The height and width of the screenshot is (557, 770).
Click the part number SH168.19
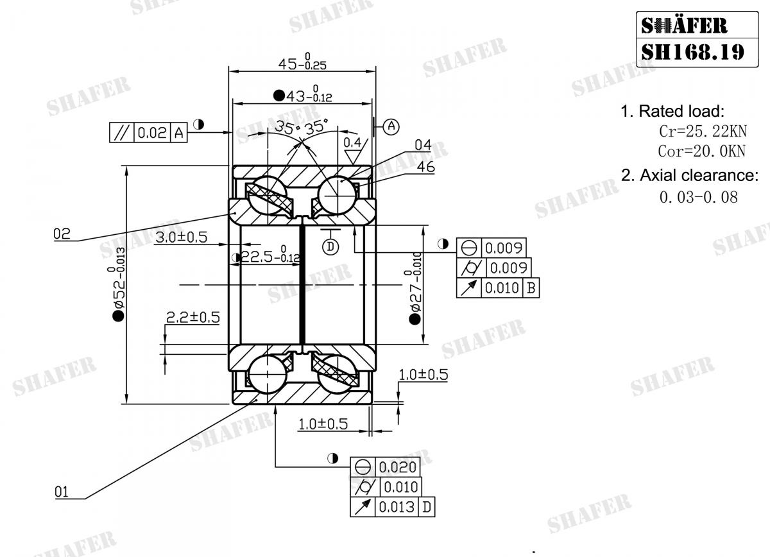[692, 51]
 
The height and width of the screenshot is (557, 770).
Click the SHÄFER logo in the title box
[684, 26]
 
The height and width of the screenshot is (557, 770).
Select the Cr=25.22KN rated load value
[703, 132]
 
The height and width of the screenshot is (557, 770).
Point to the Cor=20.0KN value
[702, 151]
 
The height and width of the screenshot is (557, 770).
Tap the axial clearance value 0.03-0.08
[698, 196]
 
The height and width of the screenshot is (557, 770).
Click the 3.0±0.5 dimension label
[181, 237]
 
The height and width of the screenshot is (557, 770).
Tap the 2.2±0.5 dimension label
[193, 317]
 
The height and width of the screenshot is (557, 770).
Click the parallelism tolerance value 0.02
[152, 133]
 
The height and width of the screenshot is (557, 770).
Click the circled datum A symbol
[392, 126]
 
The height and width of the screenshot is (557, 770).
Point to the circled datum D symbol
[330, 246]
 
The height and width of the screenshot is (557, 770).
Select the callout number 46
[425, 167]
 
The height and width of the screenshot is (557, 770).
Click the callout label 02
[62, 234]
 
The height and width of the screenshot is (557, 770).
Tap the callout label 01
[62, 492]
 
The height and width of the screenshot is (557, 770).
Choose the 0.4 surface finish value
[352, 142]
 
